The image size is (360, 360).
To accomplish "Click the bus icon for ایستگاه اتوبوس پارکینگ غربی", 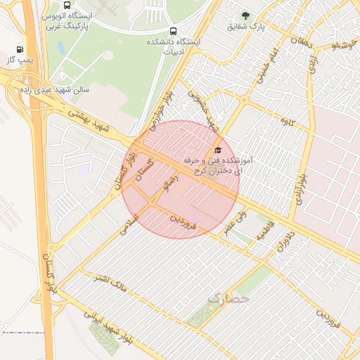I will click(x=66, y=5).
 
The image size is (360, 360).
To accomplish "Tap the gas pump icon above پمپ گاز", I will click(x=19, y=49).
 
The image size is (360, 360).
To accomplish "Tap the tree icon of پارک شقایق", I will click(x=245, y=15).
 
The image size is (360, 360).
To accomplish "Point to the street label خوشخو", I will click(x=342, y=44).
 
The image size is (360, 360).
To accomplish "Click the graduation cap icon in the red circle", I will click(x=217, y=150).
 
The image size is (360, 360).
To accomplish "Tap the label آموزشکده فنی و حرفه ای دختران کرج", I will click(x=221, y=167).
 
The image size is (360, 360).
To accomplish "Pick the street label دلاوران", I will click(x=295, y=243).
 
